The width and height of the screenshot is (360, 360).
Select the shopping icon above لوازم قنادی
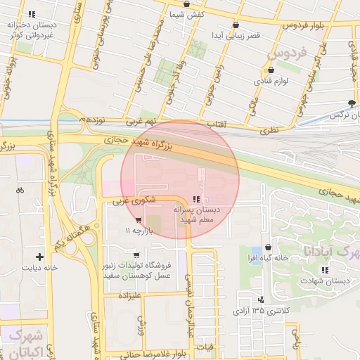point(271,70)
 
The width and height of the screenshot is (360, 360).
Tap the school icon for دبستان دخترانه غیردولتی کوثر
point(31,14)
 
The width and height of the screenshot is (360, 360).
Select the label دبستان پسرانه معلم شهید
point(198,214)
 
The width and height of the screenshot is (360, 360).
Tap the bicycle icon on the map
point(20,190)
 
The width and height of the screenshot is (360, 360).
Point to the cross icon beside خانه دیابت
point(39,257)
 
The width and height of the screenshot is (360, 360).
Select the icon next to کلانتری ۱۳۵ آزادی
point(261,300)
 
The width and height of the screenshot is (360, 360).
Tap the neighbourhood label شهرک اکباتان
point(23,342)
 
